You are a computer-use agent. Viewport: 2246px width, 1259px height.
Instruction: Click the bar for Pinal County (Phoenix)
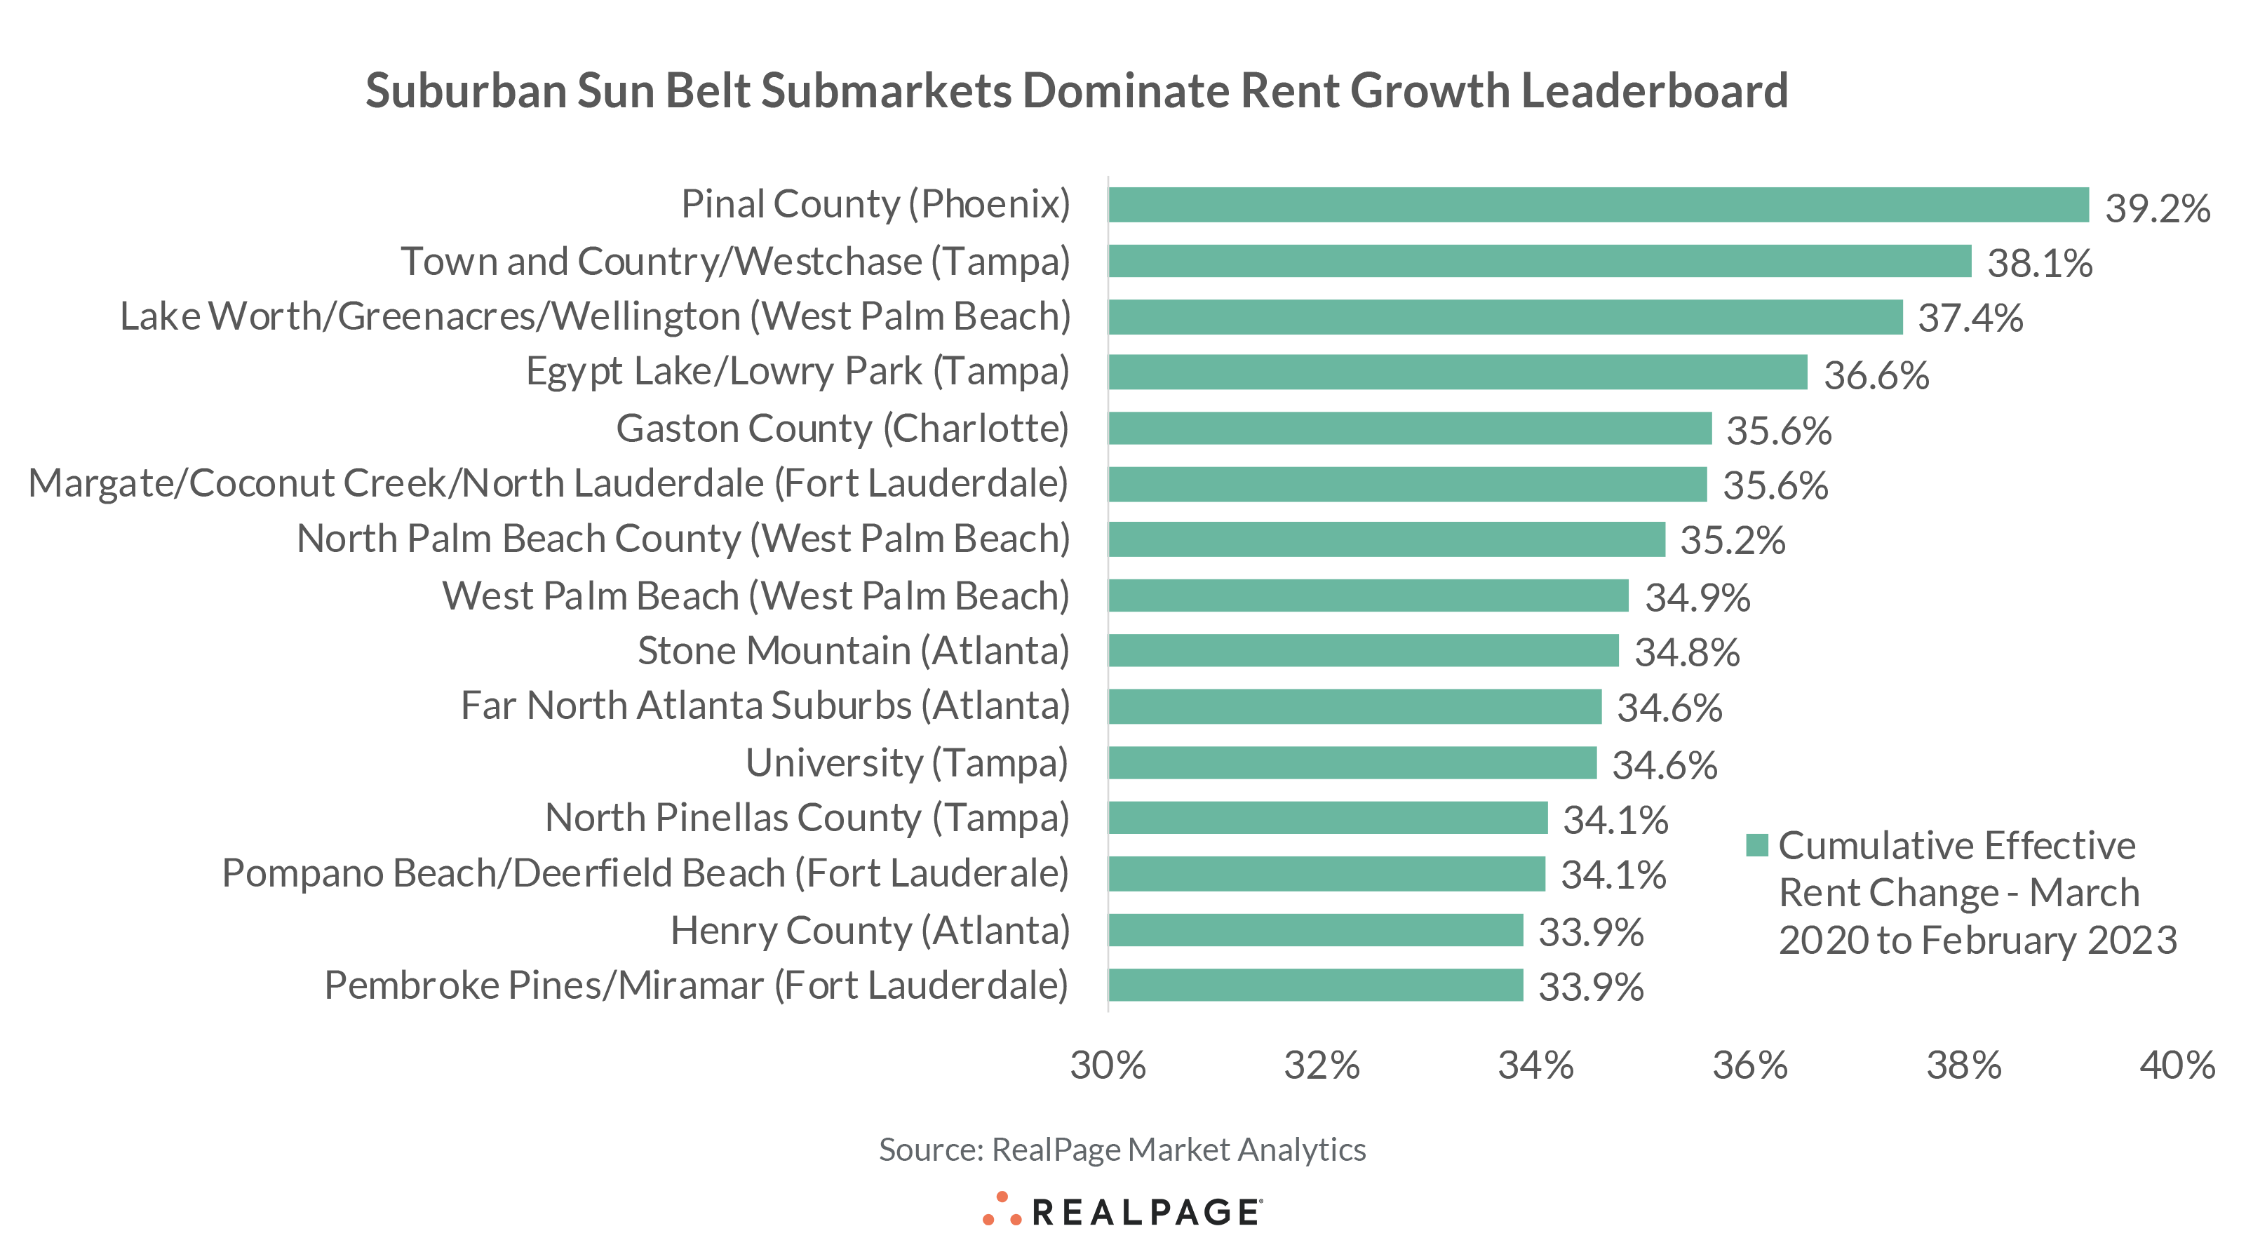pos(1598,205)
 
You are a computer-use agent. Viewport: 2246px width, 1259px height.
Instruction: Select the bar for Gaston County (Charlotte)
pos(1410,428)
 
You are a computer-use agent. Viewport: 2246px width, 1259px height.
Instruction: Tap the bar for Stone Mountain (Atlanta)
pos(1363,650)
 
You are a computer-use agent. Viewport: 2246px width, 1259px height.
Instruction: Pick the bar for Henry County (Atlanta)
pos(1316,930)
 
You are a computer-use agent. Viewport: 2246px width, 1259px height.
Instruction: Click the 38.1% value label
pos(2038,263)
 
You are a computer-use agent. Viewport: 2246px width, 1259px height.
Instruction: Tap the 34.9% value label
pos(1697,598)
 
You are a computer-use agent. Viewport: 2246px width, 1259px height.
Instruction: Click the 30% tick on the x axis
pos(1108,1065)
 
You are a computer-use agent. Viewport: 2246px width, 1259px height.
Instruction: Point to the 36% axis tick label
pos(1750,1065)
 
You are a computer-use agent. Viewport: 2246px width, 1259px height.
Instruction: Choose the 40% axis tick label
pos(2177,1065)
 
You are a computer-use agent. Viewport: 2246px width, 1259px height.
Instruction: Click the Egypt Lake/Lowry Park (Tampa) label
pos(797,372)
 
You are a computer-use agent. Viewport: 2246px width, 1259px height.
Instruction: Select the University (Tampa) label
pos(907,764)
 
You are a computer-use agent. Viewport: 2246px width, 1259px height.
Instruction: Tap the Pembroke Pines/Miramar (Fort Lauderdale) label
pos(696,986)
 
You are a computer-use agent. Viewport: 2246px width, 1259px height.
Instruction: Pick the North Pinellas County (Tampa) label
pos(807,819)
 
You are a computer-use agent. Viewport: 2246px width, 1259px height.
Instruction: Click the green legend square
pos(1757,845)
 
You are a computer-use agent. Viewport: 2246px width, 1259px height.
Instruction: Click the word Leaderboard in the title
pos(1654,90)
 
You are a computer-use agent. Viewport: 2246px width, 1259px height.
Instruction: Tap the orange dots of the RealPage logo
pos(1002,1210)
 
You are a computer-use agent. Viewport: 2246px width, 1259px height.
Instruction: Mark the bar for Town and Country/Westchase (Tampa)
pos(1540,261)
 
